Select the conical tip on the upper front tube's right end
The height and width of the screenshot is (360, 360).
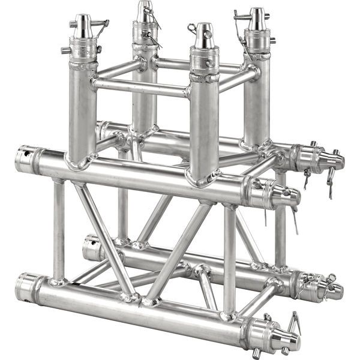tap(287, 194)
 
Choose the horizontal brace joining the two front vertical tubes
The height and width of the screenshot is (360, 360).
tap(142, 88)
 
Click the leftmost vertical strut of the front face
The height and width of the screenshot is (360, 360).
tap(59, 231)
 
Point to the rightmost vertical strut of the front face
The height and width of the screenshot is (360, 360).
tap(229, 258)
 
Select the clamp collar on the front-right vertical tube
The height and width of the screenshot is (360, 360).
tap(205, 60)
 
